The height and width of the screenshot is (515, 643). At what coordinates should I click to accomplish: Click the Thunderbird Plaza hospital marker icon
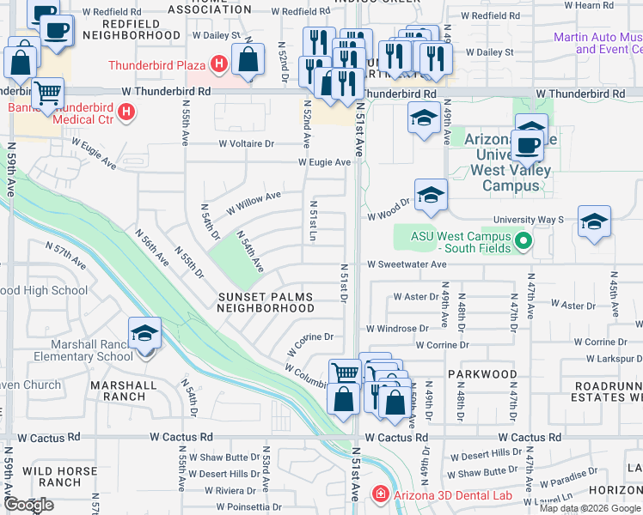click(219, 64)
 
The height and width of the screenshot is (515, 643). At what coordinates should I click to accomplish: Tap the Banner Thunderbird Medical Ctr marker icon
click(127, 112)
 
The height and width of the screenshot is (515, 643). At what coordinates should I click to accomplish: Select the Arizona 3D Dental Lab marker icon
click(379, 494)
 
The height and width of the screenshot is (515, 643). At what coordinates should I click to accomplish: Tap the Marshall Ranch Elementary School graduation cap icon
click(144, 335)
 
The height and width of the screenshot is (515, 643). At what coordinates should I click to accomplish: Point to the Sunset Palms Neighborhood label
click(264, 302)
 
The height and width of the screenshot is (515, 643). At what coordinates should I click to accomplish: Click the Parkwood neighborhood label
click(481, 374)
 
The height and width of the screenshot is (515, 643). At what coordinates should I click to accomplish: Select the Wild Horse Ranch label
click(52, 476)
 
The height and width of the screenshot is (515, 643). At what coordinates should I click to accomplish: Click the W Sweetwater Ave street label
click(407, 265)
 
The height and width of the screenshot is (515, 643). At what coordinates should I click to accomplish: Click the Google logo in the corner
click(28, 505)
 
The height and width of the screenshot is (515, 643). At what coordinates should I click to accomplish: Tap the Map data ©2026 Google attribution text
click(589, 508)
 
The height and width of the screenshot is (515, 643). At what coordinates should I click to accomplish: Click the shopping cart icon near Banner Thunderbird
click(48, 92)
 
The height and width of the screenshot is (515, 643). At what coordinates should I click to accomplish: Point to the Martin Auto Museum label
click(597, 43)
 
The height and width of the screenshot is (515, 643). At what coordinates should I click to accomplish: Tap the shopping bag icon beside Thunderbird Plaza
click(248, 61)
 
